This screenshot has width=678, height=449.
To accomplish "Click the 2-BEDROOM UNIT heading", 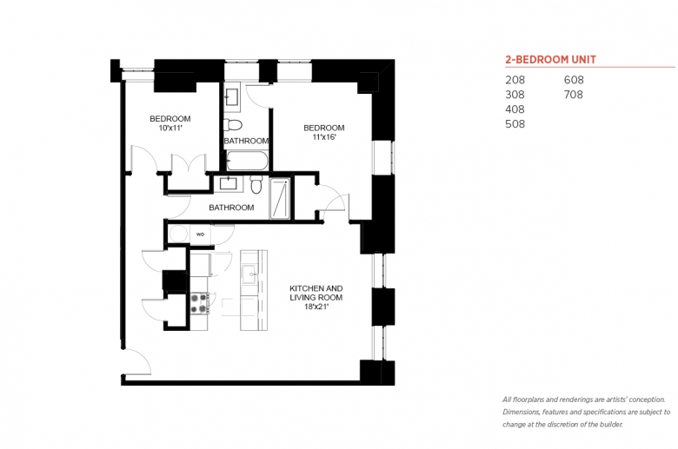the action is [550, 60].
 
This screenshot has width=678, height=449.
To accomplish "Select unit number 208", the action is [515, 80].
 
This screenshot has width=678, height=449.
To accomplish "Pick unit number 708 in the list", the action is [574, 95].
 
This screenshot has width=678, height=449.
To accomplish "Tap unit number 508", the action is [515, 124].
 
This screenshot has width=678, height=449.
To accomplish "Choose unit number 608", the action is [574, 80].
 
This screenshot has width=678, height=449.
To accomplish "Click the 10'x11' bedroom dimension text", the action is [170, 128].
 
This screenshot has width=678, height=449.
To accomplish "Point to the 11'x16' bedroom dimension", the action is [324, 137].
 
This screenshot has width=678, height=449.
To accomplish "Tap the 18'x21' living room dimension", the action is [316, 307].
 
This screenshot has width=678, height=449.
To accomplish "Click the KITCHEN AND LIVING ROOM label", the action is [316, 293].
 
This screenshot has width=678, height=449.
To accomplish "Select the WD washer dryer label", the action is [200, 234].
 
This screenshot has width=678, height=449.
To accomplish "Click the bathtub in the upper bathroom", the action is [248, 161].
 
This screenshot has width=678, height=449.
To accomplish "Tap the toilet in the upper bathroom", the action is [233, 125].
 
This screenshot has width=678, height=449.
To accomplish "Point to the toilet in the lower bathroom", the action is [256, 184].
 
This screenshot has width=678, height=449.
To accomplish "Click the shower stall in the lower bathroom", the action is [280, 198].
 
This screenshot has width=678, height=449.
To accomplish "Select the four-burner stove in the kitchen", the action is [199, 303].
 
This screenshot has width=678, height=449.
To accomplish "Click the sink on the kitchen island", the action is [250, 274].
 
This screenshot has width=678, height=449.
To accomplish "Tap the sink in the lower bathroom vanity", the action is [228, 183].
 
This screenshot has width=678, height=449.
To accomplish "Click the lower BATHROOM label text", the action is [231, 208].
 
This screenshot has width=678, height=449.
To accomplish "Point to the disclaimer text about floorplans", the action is [586, 412].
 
